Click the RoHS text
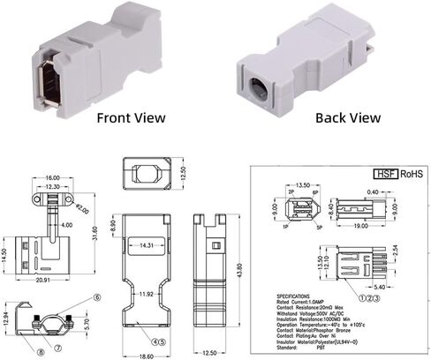pos(412,176)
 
